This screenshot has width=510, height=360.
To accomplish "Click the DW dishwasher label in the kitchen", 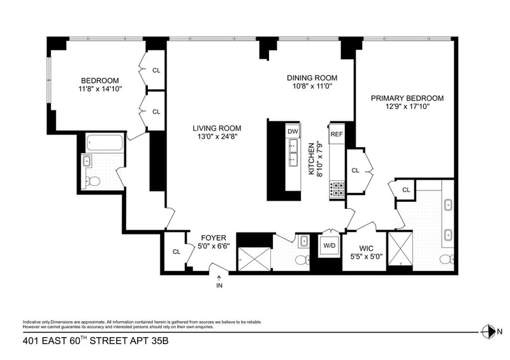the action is coord(293,131).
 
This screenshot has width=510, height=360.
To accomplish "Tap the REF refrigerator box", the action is coord(337,134).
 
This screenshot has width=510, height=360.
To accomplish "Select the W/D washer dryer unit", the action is coord(329,245).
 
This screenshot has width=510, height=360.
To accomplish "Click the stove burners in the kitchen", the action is coord(337,189).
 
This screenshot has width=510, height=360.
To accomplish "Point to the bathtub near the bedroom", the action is coord(105,143).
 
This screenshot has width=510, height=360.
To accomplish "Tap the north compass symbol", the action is coord(488,332).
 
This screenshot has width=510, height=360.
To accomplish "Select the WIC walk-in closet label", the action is coord(366,248).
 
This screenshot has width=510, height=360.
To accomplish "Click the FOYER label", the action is coord(214,238).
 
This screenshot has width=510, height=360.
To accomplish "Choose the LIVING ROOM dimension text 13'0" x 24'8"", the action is coord(217,137).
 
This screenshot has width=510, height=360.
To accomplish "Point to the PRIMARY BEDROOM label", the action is coord(407,98).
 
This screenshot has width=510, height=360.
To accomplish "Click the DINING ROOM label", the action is coord(312,78).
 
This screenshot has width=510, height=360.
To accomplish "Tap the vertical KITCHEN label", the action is coord(312,159).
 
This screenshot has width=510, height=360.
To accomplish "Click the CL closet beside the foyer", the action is coord(177,252).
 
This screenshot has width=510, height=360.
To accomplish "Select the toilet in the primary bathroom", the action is coord(447,259).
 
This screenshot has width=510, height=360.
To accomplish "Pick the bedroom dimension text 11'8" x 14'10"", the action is coord(100,89).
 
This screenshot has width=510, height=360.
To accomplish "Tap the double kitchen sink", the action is coord(293,153).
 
